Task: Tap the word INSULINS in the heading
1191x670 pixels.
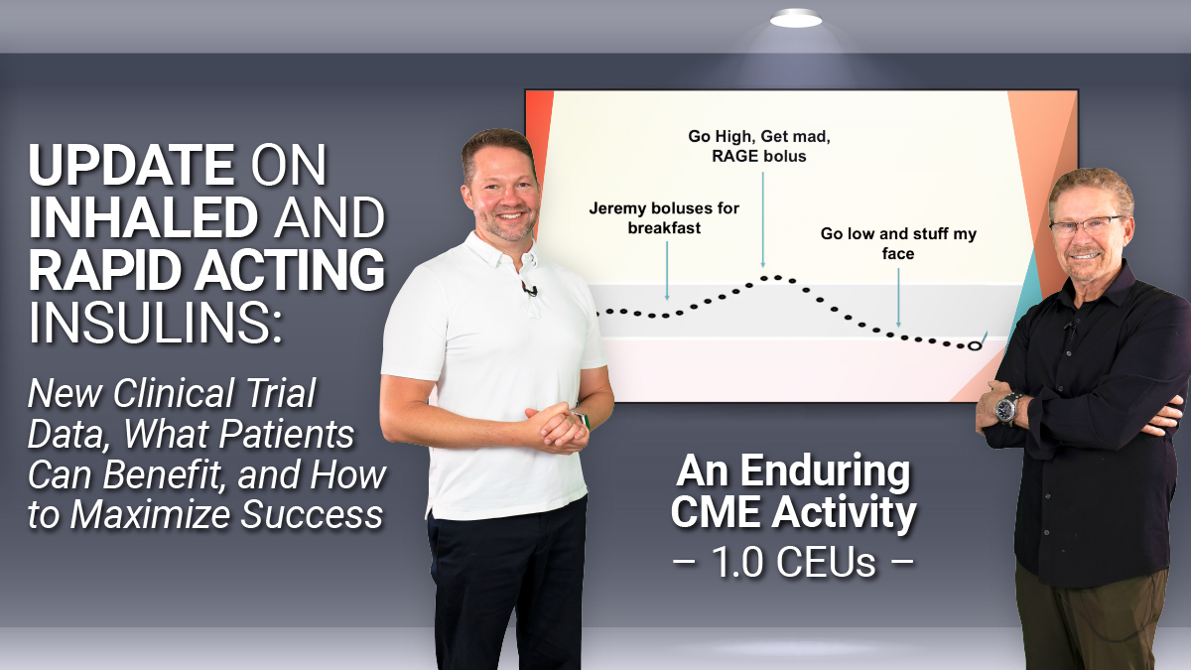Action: coord(154,323)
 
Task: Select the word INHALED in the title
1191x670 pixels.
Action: coord(144,217)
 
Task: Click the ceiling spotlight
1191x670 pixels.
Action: coord(796,20)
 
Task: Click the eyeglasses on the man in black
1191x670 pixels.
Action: coord(1088,225)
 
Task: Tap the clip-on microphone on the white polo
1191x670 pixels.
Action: coord(530,289)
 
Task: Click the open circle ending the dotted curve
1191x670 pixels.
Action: coord(974,346)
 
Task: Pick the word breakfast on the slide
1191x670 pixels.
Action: coord(664,228)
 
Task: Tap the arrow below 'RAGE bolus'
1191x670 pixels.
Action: coord(763,219)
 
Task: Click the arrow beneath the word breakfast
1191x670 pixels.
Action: coord(667,271)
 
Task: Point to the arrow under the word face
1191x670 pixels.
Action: coord(898,297)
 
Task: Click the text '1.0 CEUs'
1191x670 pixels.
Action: coord(793,562)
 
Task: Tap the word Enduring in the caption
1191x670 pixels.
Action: coord(825,472)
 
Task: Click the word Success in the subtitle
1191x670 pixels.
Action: coord(312,514)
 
